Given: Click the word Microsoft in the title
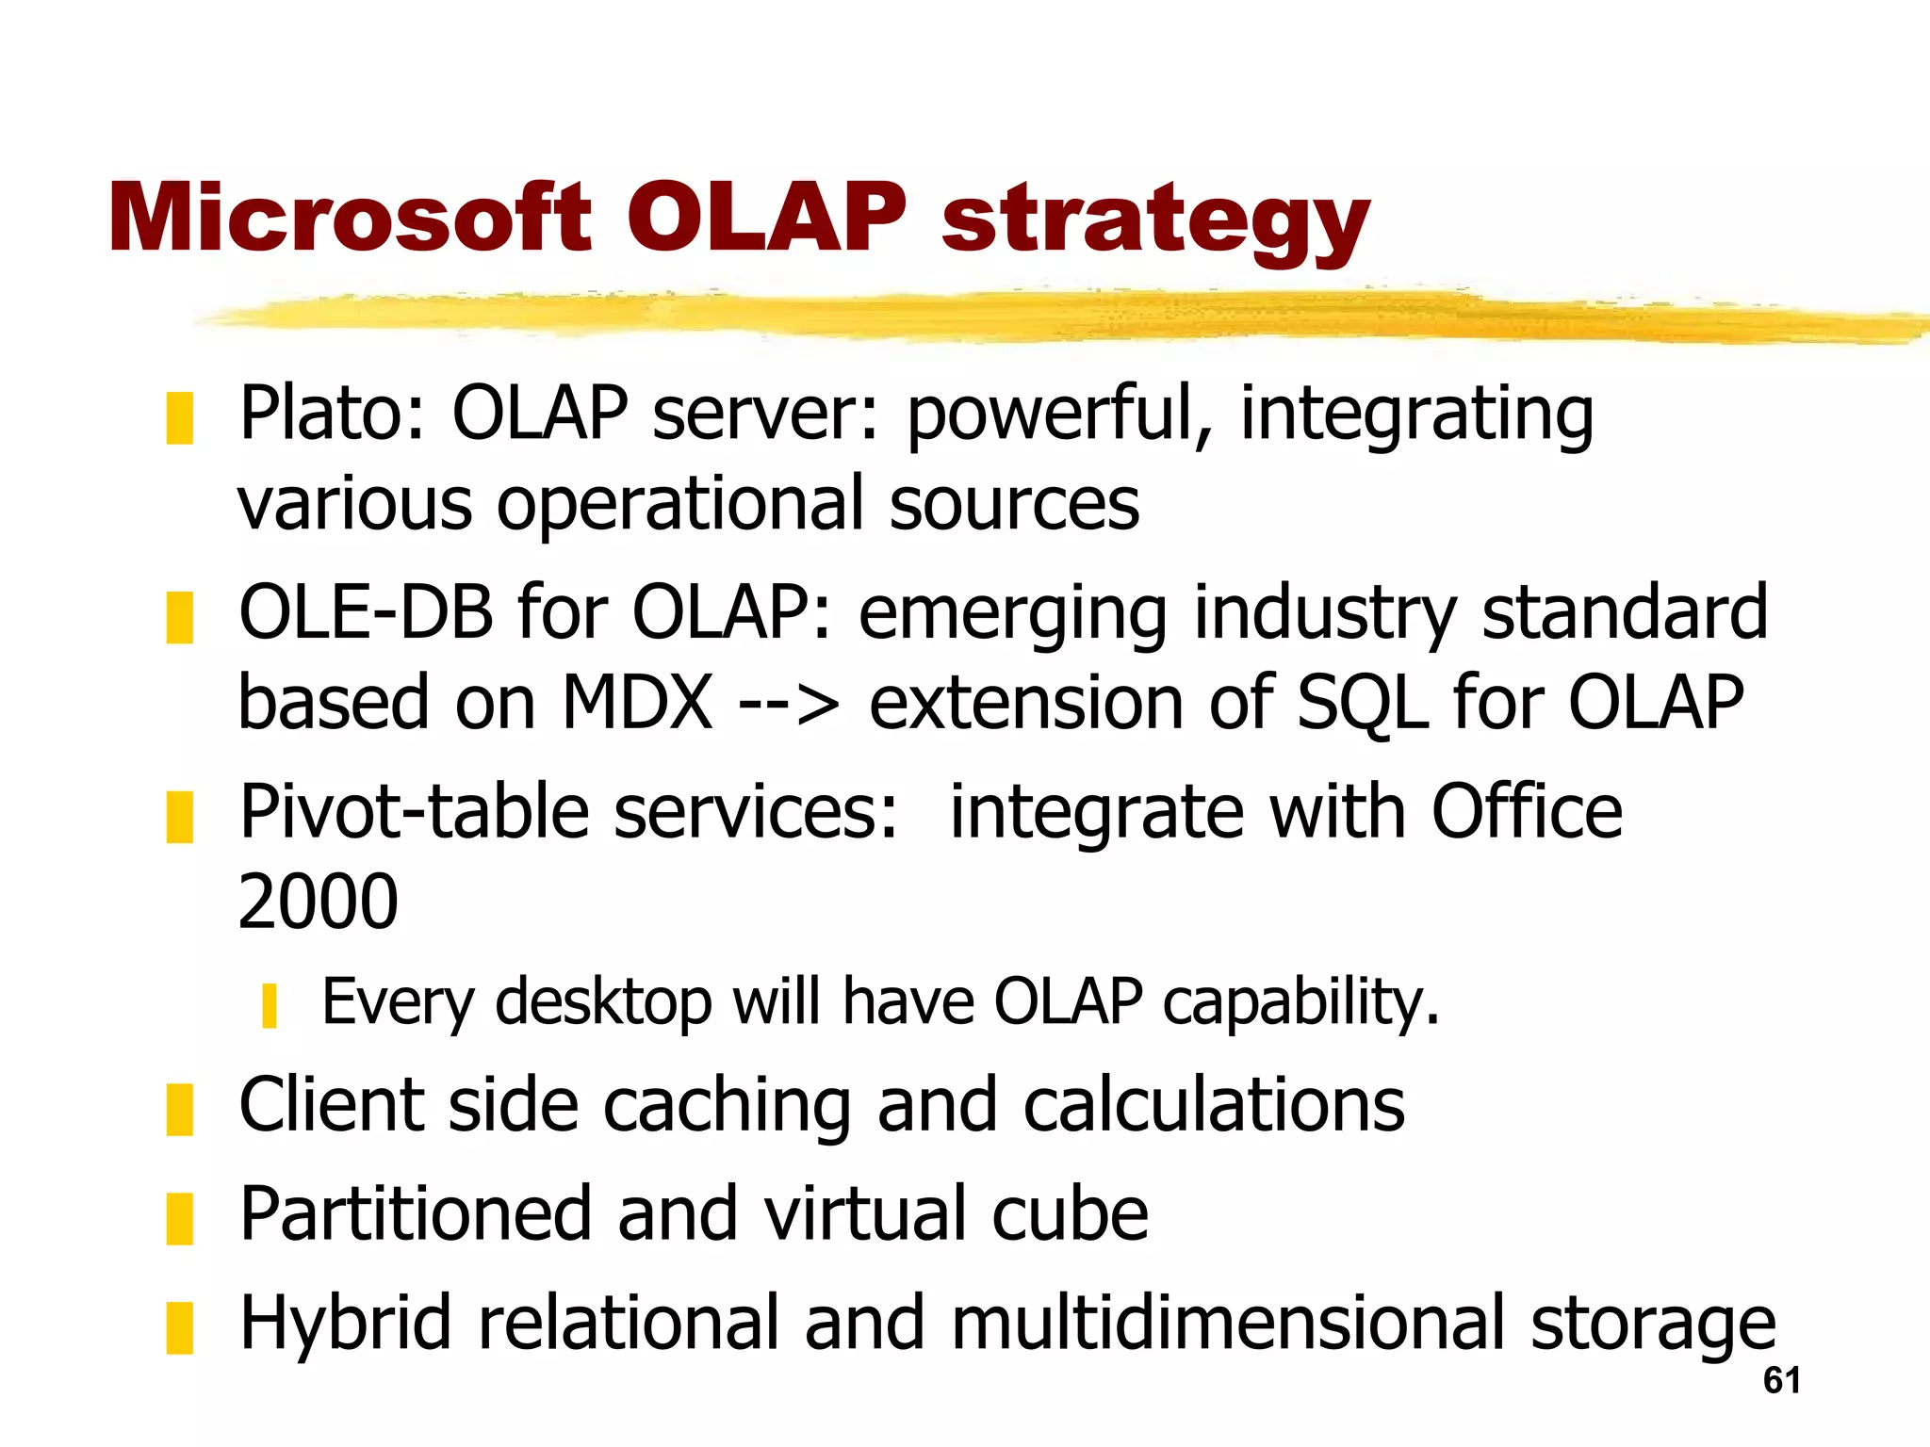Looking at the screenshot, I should [349, 219].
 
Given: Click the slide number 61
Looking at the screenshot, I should [1782, 1380].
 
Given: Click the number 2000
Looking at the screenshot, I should [319, 902].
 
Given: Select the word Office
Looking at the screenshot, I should [1527, 812].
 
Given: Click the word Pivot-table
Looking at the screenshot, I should [415, 812].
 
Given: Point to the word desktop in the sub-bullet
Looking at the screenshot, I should [603, 1001].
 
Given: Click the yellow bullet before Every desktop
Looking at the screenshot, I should [270, 1005].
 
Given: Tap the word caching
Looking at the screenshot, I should [728, 1106].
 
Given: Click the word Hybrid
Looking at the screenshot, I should [345, 1324].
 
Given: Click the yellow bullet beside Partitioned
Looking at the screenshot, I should [179, 1218].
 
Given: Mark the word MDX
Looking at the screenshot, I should [637, 703].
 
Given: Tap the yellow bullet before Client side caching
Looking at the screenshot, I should [179, 1109].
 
